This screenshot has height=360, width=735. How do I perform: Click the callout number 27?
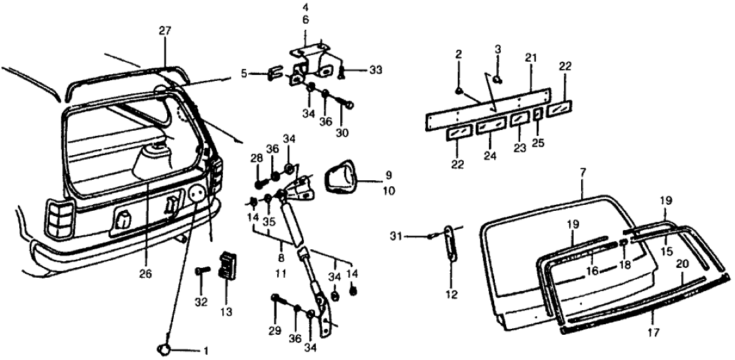click(x=165, y=30)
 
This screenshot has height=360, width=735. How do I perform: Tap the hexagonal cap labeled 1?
click(x=165, y=349)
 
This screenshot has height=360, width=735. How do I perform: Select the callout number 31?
click(x=414, y=235)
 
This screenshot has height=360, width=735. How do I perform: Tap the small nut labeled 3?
click(x=498, y=80)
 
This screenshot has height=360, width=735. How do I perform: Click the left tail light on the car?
click(x=59, y=220)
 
